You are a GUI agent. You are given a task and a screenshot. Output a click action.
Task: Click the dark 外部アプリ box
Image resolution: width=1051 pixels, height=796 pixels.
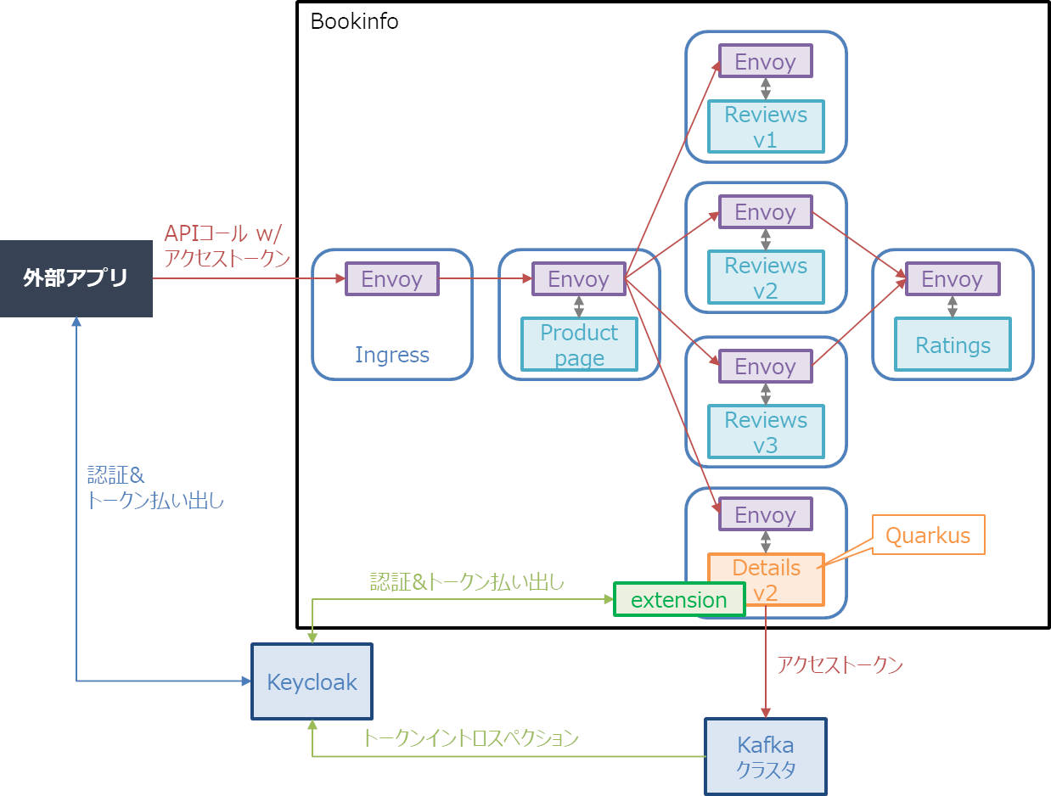(x=76, y=278)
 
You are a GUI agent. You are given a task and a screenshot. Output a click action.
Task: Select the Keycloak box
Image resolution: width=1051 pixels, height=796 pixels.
(x=312, y=681)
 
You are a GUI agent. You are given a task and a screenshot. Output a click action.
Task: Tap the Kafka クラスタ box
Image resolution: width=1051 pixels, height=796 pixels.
(x=766, y=757)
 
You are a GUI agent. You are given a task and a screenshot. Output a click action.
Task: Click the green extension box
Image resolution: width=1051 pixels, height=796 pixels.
(x=679, y=599)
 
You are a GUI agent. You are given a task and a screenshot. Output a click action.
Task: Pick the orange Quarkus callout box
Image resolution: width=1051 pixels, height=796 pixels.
(x=928, y=535)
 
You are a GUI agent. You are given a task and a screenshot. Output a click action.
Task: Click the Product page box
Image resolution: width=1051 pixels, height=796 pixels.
(x=579, y=345)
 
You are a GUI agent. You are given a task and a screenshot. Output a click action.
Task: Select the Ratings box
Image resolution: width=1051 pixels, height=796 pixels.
(x=953, y=345)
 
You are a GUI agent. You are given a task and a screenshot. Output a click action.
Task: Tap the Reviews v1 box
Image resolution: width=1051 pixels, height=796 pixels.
(x=766, y=126)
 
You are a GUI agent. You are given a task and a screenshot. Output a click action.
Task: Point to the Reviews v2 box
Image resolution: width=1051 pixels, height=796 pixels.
(x=766, y=277)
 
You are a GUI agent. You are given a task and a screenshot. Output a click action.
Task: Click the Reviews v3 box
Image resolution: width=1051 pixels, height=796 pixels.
(x=766, y=432)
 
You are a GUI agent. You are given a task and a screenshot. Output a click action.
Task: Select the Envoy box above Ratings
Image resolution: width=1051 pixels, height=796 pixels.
(x=953, y=278)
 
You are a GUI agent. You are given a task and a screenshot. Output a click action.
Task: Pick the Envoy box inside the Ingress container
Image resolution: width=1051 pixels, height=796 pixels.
(x=391, y=278)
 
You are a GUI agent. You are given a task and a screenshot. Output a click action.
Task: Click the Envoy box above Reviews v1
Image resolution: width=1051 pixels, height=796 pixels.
(x=766, y=61)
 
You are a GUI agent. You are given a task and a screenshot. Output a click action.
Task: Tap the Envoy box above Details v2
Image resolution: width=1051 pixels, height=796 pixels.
(x=766, y=514)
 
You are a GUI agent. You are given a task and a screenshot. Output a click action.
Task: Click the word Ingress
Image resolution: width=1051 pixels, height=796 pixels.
(x=392, y=356)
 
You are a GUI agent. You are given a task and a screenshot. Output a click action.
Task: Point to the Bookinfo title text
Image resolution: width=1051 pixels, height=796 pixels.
(x=354, y=21)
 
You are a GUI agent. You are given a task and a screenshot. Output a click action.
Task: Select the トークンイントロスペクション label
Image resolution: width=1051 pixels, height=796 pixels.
(x=470, y=737)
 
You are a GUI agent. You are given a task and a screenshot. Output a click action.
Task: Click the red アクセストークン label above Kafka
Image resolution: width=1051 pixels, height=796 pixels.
(x=840, y=664)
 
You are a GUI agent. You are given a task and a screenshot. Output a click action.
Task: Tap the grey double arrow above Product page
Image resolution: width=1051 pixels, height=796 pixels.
(x=579, y=306)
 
